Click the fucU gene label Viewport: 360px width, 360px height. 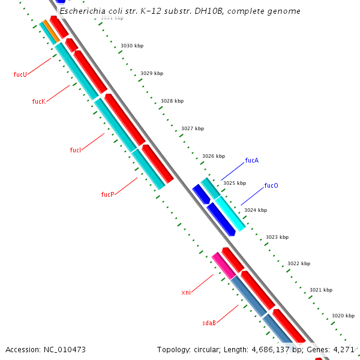pyautogui.click(x=20, y=75)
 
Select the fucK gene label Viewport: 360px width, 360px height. pyautogui.click(x=38, y=102)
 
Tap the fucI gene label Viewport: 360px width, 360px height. pyautogui.click(x=75, y=150)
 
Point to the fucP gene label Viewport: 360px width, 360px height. pyautogui.click(x=107, y=194)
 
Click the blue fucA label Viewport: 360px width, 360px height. pyautogui.click(x=252, y=161)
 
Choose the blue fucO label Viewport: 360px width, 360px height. pyautogui.click(x=271, y=186)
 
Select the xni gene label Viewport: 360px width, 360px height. pyautogui.click(x=186, y=293)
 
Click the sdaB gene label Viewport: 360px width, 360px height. pyautogui.click(x=209, y=323)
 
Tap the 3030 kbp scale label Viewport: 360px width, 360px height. pyautogui.click(x=132, y=46)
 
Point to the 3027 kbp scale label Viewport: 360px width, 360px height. pyautogui.click(x=193, y=128)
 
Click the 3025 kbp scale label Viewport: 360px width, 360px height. pyautogui.click(x=235, y=184)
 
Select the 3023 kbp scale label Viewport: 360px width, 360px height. pyautogui.click(x=277, y=238)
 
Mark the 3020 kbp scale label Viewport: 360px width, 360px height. pyautogui.click(x=343, y=316)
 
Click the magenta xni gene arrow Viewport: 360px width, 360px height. pyautogui.click(x=223, y=265)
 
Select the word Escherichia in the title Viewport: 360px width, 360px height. pyautogui.click(x=81, y=11)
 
